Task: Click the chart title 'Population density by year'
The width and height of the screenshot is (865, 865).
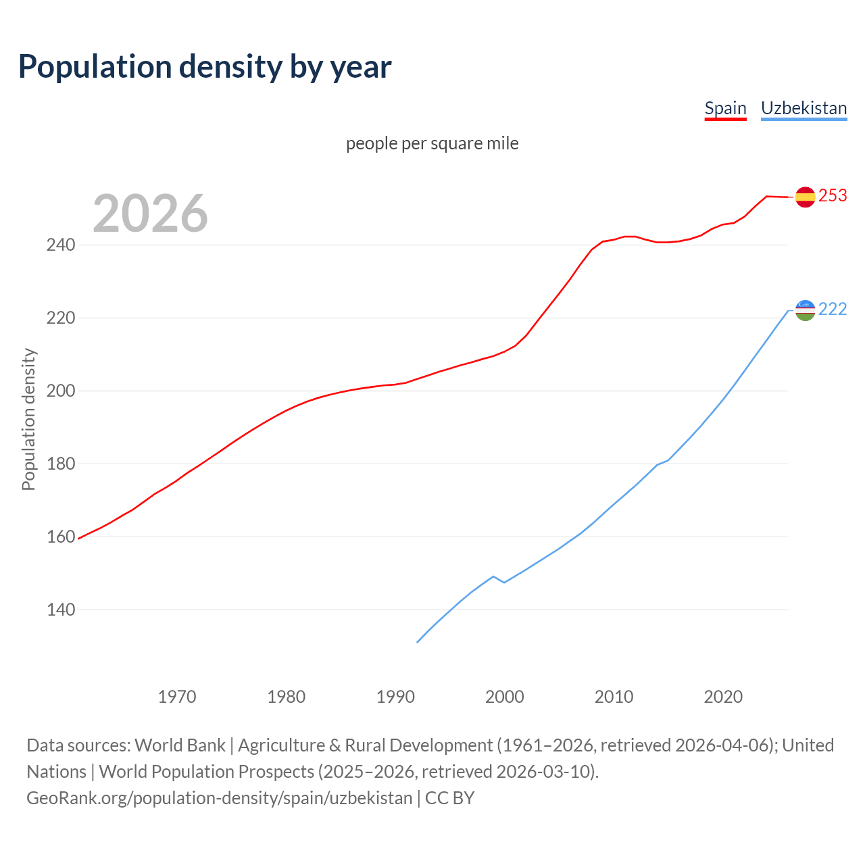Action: tap(205, 67)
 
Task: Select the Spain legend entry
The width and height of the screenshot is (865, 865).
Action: tap(725, 108)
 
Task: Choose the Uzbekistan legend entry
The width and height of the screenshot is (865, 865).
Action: tap(804, 108)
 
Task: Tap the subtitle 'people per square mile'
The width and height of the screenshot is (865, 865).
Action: tap(432, 144)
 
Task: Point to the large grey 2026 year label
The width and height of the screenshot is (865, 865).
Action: tap(150, 214)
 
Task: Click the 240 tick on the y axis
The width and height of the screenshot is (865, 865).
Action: tap(60, 245)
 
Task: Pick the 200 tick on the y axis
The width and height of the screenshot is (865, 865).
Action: tap(60, 391)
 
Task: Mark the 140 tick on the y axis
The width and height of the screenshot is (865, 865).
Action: tap(60, 610)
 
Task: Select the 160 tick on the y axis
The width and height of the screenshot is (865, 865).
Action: tap(60, 537)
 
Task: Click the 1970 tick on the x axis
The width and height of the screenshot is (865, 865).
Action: tap(177, 697)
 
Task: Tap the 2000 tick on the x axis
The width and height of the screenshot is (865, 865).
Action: tap(504, 697)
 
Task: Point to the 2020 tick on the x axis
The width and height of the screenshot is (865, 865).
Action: tap(723, 697)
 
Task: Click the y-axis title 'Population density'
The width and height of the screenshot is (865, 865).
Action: tap(28, 419)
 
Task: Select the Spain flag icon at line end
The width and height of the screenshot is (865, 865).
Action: tap(805, 197)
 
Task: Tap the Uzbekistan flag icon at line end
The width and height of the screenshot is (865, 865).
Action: tap(805, 310)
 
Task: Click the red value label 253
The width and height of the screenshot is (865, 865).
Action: tap(833, 196)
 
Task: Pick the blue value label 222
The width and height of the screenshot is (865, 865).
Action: tap(833, 310)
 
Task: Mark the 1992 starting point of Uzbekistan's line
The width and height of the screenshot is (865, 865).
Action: tap(418, 642)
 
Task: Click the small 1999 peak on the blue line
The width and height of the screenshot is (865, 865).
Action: tap(493, 576)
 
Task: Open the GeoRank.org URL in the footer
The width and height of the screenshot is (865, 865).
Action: tap(219, 798)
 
